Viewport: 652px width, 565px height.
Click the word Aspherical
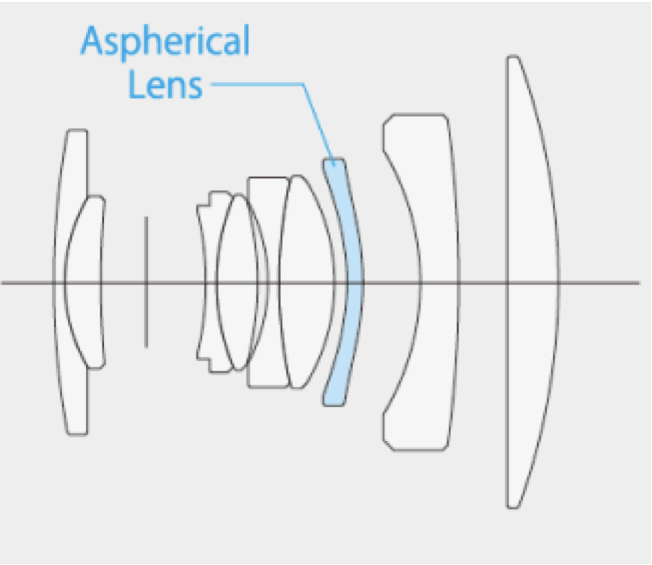(165, 42)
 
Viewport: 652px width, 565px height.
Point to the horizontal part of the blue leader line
(257, 84)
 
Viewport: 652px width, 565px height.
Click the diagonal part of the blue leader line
(319, 125)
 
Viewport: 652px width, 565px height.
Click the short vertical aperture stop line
(146, 281)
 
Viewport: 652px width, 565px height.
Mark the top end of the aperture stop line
(146, 217)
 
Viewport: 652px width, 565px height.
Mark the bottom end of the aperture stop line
(146, 347)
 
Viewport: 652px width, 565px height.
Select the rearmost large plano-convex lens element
(533, 281)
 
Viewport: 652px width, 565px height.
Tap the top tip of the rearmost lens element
(513, 56)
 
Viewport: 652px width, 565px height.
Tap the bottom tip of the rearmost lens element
(513, 507)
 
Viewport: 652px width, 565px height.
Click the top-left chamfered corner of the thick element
(388, 119)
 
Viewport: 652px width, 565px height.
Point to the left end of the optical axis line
(3, 282)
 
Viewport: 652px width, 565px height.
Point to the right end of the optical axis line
(638, 282)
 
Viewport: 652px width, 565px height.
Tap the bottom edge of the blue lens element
(333, 405)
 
